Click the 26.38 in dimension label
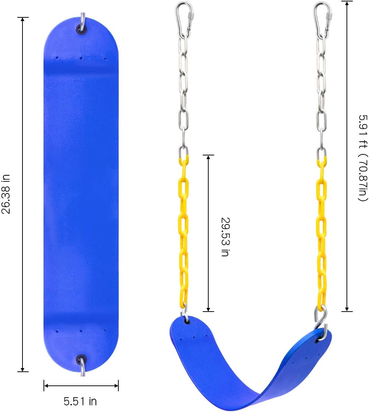[x=7, y=195]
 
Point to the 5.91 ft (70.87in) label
[x=363, y=157]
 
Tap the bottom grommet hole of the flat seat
[x=81, y=359]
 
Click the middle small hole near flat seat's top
[x=81, y=58]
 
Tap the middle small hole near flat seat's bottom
[x=81, y=330]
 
